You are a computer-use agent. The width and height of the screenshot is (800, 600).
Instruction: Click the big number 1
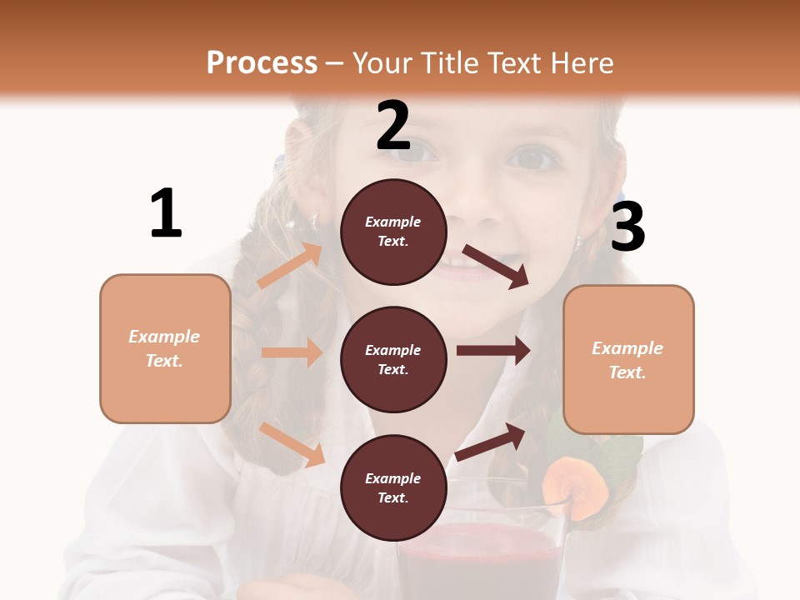(166, 213)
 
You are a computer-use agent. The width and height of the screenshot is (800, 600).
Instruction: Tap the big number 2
(392, 126)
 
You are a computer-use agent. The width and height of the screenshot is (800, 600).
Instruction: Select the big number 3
(627, 227)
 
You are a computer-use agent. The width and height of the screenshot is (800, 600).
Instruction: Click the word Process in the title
(262, 62)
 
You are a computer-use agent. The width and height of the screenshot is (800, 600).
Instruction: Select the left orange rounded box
(165, 348)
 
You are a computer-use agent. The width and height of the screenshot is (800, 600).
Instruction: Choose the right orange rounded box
(628, 359)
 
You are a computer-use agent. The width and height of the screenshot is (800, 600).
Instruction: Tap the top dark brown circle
(393, 232)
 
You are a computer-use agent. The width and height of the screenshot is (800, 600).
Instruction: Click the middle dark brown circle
(393, 359)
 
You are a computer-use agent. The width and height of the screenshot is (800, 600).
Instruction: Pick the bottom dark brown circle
(393, 487)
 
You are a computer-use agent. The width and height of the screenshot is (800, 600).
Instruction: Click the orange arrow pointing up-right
(290, 266)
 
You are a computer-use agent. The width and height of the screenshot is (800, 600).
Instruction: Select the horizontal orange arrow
(292, 352)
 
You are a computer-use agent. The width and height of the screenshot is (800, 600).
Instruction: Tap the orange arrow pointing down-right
(292, 444)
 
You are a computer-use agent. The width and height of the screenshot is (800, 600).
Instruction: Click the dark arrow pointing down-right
(496, 266)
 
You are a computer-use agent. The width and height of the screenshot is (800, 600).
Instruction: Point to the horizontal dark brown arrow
(492, 351)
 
